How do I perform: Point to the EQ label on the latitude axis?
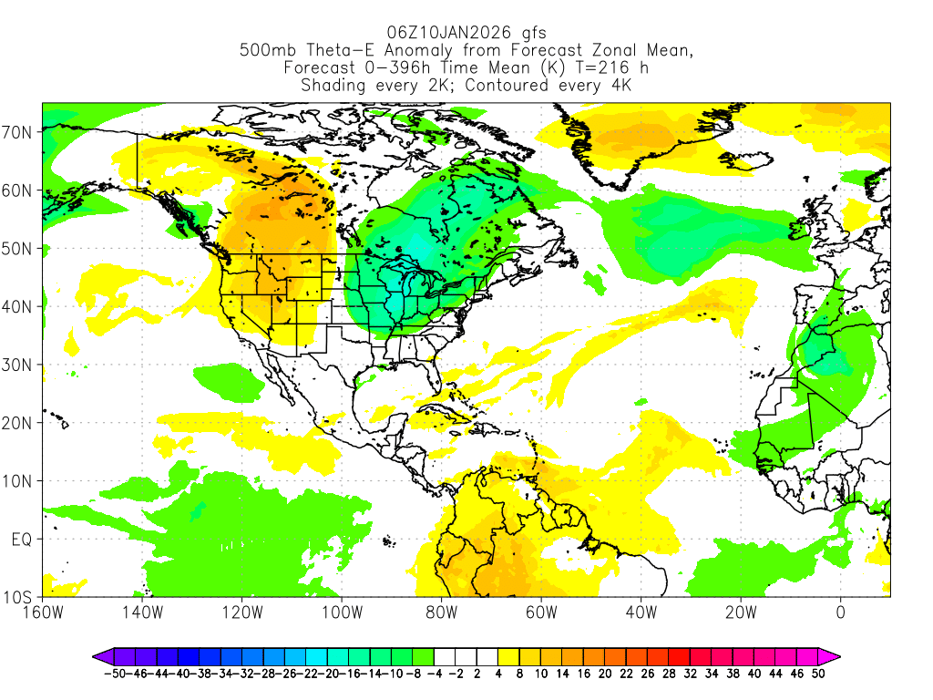pyautogui.click(x=22, y=539)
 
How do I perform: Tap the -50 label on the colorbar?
pyautogui.click(x=114, y=674)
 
